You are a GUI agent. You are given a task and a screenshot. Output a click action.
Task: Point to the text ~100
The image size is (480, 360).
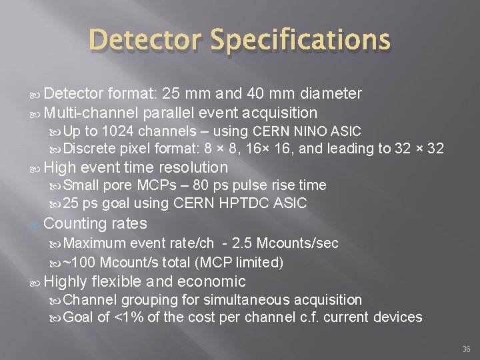pyautogui.click(x=83, y=262)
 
